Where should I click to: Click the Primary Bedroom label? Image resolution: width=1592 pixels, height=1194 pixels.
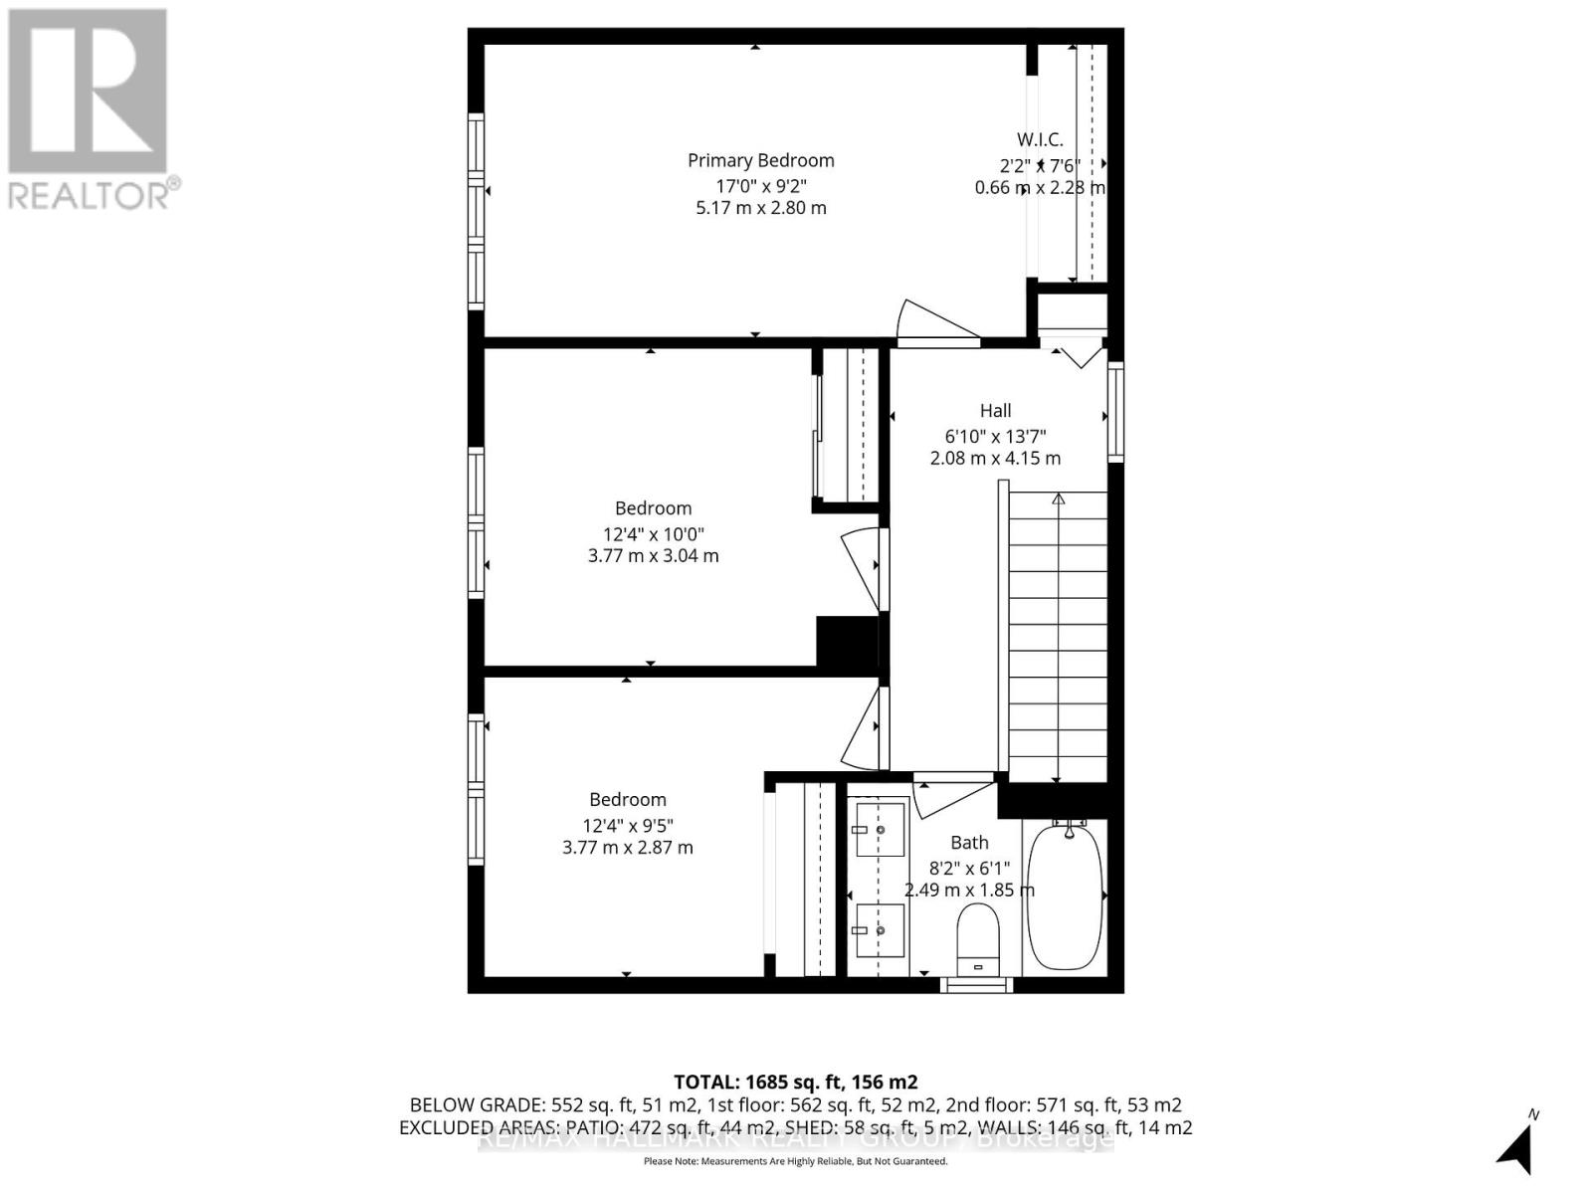[760, 160]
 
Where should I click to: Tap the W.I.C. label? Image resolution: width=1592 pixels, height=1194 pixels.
[1039, 140]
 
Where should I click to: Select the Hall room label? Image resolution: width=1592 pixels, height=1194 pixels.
[995, 411]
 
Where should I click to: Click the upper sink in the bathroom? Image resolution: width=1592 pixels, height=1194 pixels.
[881, 829]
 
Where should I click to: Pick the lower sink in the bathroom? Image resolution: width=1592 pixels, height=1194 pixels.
[881, 930]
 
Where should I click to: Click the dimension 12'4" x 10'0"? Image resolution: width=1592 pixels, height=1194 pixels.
[653, 533]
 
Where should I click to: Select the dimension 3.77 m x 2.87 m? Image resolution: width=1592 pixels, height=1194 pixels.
[627, 848]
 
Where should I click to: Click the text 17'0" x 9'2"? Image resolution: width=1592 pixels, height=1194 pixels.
[760, 186]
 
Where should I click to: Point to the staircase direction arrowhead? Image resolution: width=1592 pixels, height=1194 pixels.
[1058, 498]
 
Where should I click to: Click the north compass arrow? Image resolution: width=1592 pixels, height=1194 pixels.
[1516, 1150]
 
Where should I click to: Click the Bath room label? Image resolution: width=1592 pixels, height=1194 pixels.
[969, 843]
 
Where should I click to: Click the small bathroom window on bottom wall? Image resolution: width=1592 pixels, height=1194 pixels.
[976, 985]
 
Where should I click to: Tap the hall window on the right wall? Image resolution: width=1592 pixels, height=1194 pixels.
[1115, 411]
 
